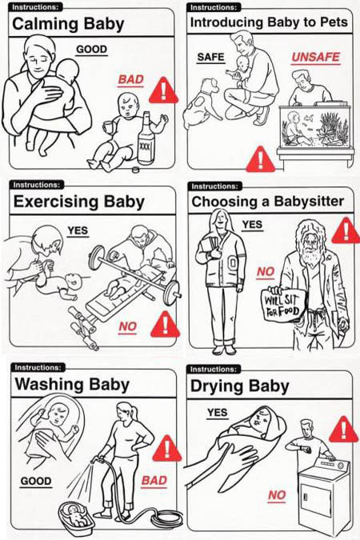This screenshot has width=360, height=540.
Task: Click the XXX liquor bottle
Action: click(146, 138)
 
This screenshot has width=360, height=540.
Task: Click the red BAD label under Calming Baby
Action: click(130, 79)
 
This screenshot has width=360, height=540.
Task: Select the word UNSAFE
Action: click(315, 57)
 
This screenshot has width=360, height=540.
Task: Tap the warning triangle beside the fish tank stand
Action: click(261, 159)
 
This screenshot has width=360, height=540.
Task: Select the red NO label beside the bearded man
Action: click(266, 272)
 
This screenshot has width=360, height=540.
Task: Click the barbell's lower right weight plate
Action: click(171, 293)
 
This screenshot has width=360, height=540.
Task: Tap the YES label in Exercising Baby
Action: click(78, 230)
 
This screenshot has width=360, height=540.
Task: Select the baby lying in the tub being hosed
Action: click(76, 515)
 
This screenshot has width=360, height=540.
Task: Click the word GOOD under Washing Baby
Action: click(36, 481)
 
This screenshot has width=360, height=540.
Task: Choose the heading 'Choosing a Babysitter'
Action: click(268, 202)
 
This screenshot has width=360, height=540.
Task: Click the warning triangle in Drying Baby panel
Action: click(342, 430)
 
